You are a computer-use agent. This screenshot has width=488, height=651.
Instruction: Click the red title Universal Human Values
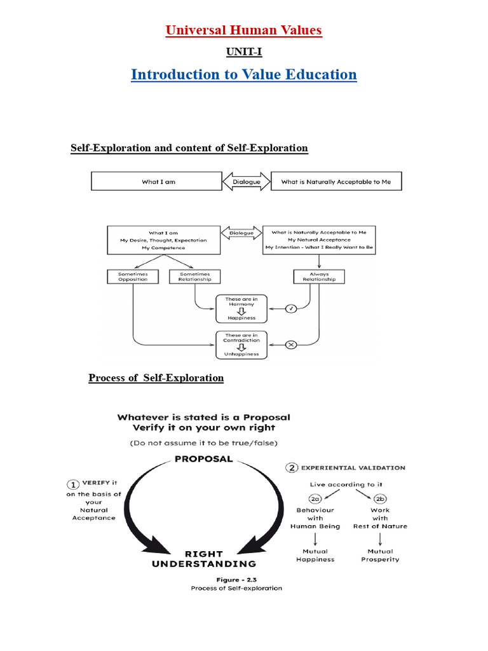pyautogui.click(x=243, y=30)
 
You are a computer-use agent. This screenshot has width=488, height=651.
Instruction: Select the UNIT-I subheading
pyautogui.click(x=243, y=51)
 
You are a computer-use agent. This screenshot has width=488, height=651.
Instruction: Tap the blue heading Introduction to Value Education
pyautogui.click(x=243, y=74)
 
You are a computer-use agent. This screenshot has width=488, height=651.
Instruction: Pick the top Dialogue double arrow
pyautogui.click(x=246, y=181)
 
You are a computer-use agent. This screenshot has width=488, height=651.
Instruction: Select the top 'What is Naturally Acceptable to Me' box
pyautogui.click(x=336, y=181)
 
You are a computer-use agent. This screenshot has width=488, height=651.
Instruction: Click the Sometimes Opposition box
pyautogui.click(x=132, y=277)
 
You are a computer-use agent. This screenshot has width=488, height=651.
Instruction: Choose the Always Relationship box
pyautogui.click(x=320, y=277)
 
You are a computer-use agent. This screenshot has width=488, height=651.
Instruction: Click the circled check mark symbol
pyautogui.click(x=291, y=309)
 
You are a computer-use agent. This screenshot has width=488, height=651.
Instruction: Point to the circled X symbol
pyautogui.click(x=291, y=345)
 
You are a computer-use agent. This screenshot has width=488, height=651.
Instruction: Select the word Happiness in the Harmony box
pyautogui.click(x=242, y=318)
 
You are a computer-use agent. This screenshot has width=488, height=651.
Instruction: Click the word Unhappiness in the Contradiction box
pyautogui.click(x=242, y=354)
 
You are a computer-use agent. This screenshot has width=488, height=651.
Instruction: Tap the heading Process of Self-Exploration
pyautogui.click(x=156, y=378)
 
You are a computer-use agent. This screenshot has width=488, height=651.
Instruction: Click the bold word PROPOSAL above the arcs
pyautogui.click(x=203, y=459)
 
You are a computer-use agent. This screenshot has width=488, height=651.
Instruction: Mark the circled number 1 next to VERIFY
pyautogui.click(x=73, y=483)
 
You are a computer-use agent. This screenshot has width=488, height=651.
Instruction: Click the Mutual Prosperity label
pyautogui.click(x=380, y=555)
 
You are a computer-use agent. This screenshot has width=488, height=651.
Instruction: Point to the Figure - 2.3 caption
pyautogui.click(x=236, y=579)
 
